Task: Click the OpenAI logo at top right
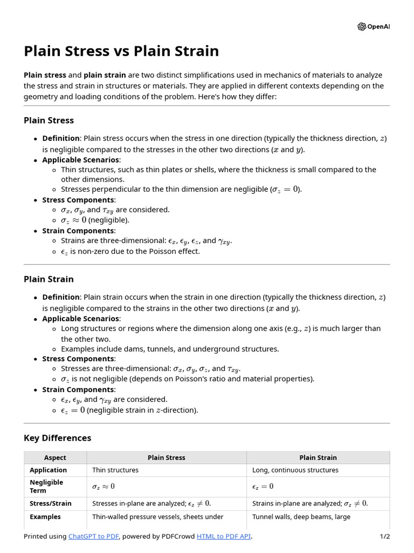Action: (373, 26)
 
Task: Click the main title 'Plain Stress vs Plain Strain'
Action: (121, 51)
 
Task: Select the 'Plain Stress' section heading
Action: (49, 120)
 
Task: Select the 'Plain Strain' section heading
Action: (49, 279)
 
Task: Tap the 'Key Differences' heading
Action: (58, 438)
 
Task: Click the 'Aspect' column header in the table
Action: (55, 457)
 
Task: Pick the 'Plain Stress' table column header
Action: (166, 457)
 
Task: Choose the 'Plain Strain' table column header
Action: (318, 457)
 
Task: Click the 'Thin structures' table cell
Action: (115, 470)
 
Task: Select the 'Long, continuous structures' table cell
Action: (295, 470)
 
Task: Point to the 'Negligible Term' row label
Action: (46, 487)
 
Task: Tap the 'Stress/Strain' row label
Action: (51, 503)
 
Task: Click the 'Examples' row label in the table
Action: (45, 517)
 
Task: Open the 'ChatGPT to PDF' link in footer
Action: (94, 536)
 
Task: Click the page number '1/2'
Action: (384, 536)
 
